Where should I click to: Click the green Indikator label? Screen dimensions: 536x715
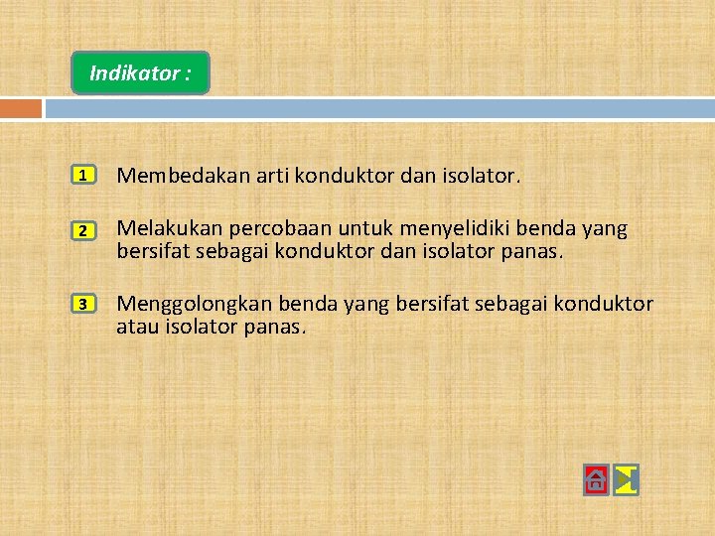pos(140,73)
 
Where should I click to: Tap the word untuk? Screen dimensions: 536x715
pos(340,229)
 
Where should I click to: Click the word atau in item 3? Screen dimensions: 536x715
pos(137,325)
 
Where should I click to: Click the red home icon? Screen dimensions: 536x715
pos(595,480)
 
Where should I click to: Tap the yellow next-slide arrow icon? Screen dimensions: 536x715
pos(626,480)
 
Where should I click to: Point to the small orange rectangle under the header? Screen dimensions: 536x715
pos(21,108)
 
